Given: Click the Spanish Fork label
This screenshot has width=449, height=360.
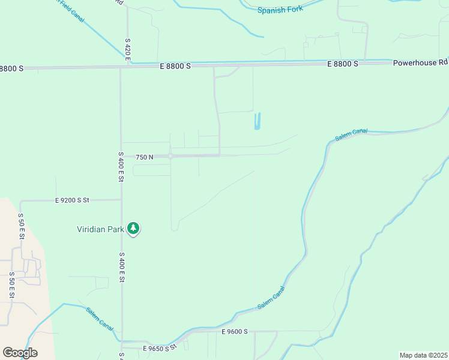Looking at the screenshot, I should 280,10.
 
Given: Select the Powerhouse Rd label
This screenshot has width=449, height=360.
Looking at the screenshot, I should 420,62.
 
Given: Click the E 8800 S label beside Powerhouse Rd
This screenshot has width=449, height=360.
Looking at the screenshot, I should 343,64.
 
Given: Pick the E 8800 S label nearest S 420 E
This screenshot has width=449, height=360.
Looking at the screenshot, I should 175,66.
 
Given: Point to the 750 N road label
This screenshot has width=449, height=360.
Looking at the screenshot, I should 144,157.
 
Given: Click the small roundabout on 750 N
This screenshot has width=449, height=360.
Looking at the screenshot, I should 170,156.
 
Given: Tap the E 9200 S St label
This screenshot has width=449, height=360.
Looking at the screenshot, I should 72,200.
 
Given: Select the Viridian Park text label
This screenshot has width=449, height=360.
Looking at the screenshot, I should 100,229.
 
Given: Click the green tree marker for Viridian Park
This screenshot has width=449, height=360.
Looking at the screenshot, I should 133,229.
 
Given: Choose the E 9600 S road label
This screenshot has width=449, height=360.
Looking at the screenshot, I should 234,332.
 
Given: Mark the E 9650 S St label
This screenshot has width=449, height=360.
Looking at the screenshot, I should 159,348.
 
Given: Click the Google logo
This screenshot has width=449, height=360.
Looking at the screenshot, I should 20,353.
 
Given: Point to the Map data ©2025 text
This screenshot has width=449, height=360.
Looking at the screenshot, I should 423,355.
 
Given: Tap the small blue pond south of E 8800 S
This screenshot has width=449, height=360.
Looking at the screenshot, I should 258,121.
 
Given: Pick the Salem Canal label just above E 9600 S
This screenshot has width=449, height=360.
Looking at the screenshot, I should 271,298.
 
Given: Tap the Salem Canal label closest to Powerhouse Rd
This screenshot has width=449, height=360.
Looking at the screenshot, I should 351,135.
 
